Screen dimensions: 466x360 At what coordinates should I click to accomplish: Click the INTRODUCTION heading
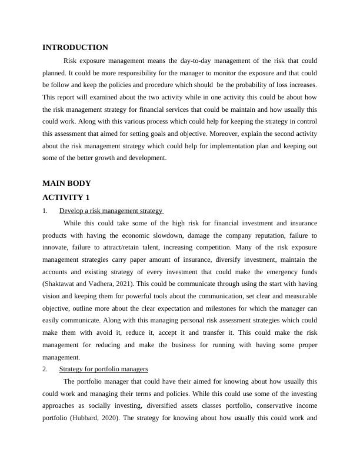pyautogui.click(x=75, y=48)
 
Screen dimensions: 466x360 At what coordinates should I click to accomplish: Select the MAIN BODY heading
pyautogui.click(x=67, y=184)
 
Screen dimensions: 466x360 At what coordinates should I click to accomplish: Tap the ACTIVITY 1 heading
pyautogui.click(x=66, y=197)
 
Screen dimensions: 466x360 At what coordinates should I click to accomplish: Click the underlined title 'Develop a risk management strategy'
pyautogui.click(x=111, y=211)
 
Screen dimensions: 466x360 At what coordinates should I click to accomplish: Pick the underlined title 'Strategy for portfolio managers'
pyautogui.click(x=104, y=369)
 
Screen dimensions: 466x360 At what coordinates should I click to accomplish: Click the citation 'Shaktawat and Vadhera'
pyautogui.click(x=78, y=284)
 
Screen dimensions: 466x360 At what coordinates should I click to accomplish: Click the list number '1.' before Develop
pyautogui.click(x=45, y=211)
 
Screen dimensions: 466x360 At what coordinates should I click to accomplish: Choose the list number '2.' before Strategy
pyautogui.click(x=45, y=369)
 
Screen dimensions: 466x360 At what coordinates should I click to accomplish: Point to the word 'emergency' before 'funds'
pyautogui.click(x=276, y=272)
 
